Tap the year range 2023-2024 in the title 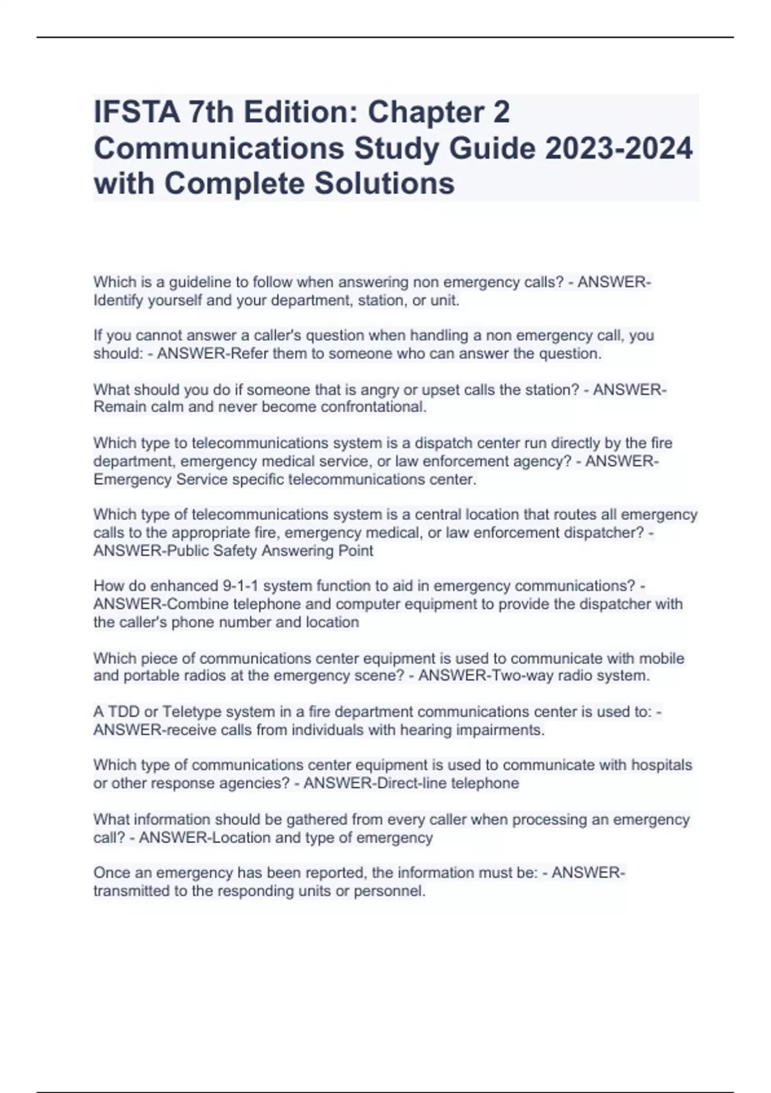tap(619, 149)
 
